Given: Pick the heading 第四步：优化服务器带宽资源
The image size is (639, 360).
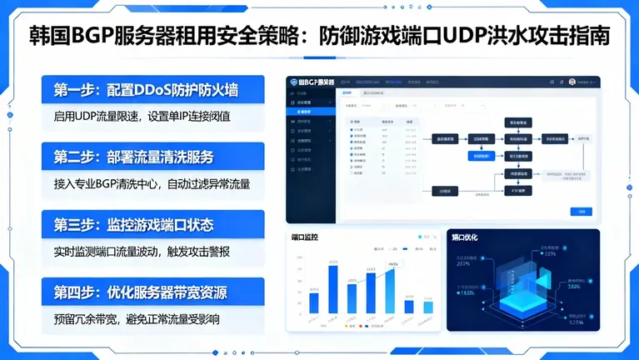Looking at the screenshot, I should (153, 292).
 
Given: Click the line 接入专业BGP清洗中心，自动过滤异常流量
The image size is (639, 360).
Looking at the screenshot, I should (153, 183).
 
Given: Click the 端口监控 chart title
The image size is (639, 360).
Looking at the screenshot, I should (305, 238).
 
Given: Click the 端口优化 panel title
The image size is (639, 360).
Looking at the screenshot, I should (466, 238).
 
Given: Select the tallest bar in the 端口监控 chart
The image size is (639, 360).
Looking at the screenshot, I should (333, 289).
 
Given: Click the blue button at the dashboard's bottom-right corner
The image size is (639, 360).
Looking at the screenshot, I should (575, 212).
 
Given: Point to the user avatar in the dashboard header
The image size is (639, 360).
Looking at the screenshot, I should (572, 82).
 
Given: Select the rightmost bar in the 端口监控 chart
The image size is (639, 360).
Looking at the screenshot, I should (428, 307).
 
